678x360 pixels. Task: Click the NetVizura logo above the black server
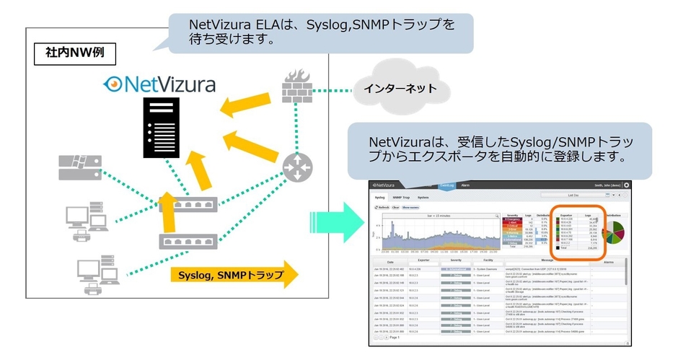click(x=159, y=84)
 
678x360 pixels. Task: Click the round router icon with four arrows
click(x=296, y=167)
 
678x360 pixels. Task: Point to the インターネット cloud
click(x=400, y=89)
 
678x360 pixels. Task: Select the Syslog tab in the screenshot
click(x=381, y=196)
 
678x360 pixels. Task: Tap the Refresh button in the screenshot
click(x=383, y=207)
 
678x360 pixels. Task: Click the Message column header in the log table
click(x=546, y=262)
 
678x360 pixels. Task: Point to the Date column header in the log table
click(x=390, y=262)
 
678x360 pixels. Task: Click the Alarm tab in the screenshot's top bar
click(x=465, y=185)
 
